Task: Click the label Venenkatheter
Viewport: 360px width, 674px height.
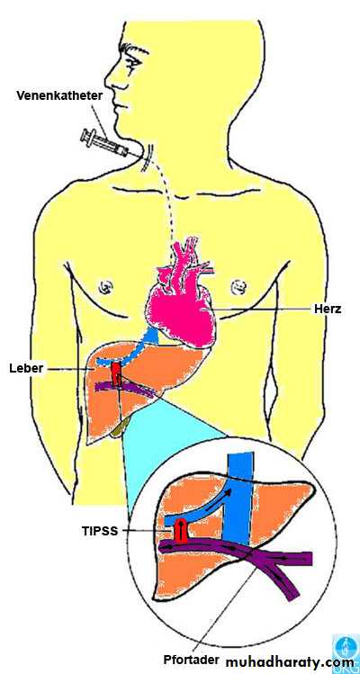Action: coord(59,95)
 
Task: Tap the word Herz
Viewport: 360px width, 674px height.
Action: coord(327,308)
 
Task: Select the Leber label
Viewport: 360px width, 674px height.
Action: coord(26,368)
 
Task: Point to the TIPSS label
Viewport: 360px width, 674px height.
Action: coord(100,531)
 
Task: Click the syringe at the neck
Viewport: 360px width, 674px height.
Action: coord(104,144)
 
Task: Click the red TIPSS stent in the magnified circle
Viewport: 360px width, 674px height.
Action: coord(181,530)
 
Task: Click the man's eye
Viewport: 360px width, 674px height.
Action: coord(132,61)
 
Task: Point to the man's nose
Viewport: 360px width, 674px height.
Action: coord(111,80)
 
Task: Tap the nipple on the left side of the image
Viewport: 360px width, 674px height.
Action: coord(104,286)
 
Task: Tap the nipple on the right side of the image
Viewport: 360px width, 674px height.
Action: coord(238,284)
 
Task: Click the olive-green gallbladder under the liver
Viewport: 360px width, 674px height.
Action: coord(118,427)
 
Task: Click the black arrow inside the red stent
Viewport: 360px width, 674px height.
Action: coord(181,529)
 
